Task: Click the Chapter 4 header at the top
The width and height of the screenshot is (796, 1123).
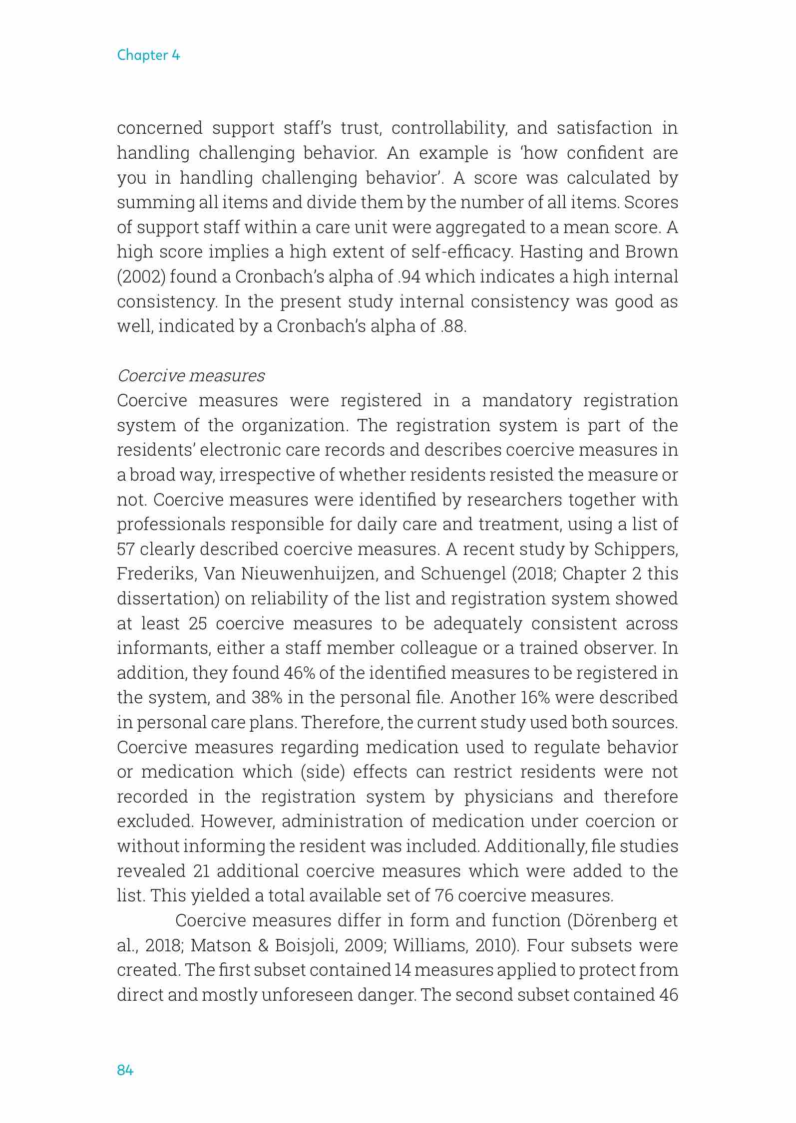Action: tap(148, 55)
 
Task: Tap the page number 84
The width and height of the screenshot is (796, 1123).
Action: tap(125, 1070)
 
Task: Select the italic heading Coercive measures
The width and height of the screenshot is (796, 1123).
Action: tap(191, 376)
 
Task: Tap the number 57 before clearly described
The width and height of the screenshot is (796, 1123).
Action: tap(126, 549)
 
